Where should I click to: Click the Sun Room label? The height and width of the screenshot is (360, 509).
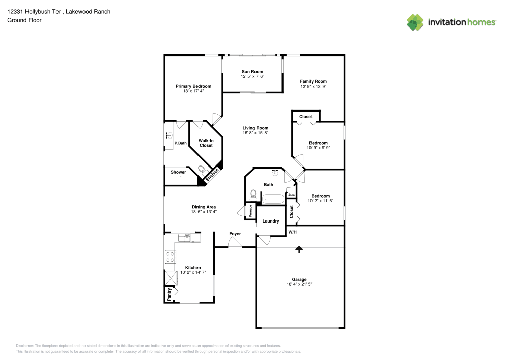coord(252,72)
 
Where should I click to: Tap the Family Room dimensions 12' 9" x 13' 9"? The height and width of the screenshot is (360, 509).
coord(313,87)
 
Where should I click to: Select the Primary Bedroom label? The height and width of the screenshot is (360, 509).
coord(193,86)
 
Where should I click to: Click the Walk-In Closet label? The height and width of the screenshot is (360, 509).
coord(206,143)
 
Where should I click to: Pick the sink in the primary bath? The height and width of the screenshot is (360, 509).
coord(169,135)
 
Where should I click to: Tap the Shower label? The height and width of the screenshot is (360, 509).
coord(178,172)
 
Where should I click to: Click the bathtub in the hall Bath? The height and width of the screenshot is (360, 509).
coord(273,199)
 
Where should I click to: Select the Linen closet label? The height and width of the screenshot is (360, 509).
coord(291,195)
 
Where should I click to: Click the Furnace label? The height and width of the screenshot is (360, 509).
coord(250,211)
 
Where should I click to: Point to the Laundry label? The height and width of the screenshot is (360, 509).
coord(271,221)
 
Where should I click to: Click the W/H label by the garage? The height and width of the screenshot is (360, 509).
coord(293,232)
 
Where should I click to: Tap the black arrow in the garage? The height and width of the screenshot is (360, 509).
coord(299,250)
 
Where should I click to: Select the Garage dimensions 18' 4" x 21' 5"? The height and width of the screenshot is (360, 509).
coord(299,284)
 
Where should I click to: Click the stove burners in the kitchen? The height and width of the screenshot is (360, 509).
coord(171,257)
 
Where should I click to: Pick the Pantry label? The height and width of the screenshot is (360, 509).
coord(169,294)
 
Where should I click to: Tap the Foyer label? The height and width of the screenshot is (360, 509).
coord(235,234)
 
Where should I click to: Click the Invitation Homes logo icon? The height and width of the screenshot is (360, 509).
coord(415,22)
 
